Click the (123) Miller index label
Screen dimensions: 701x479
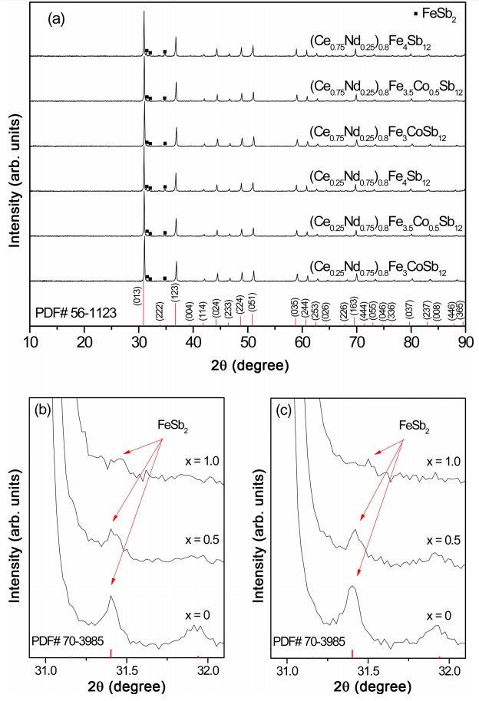[176, 296]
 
